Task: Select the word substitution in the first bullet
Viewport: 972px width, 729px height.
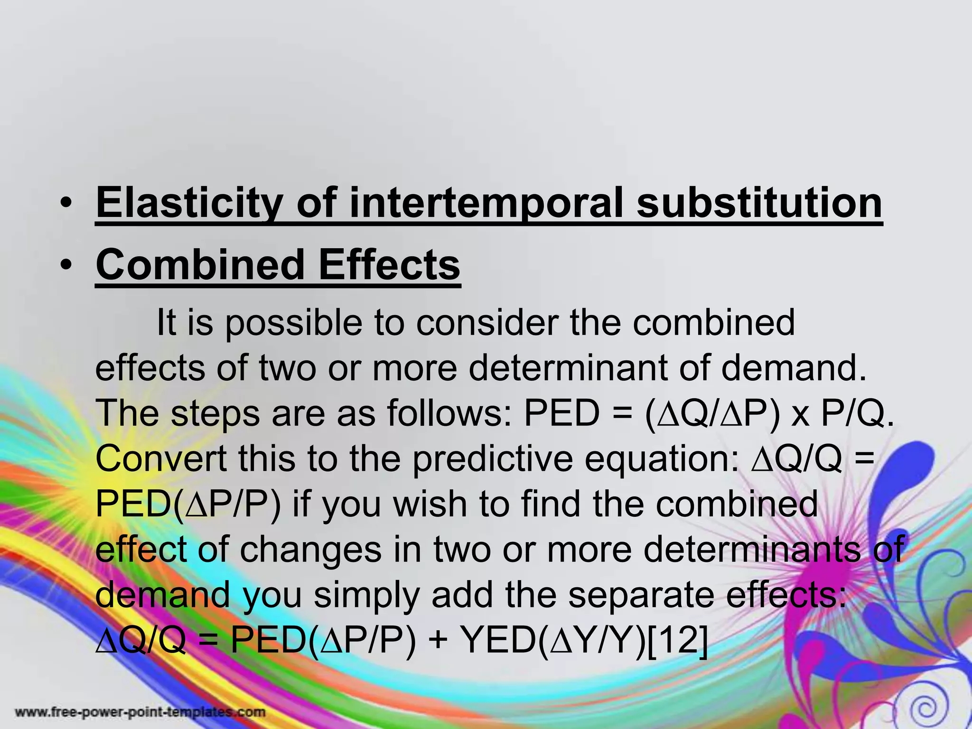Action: coord(759,203)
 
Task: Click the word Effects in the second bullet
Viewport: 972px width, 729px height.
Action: coord(389,264)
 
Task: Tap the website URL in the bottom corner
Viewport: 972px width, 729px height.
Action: coord(140,712)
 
